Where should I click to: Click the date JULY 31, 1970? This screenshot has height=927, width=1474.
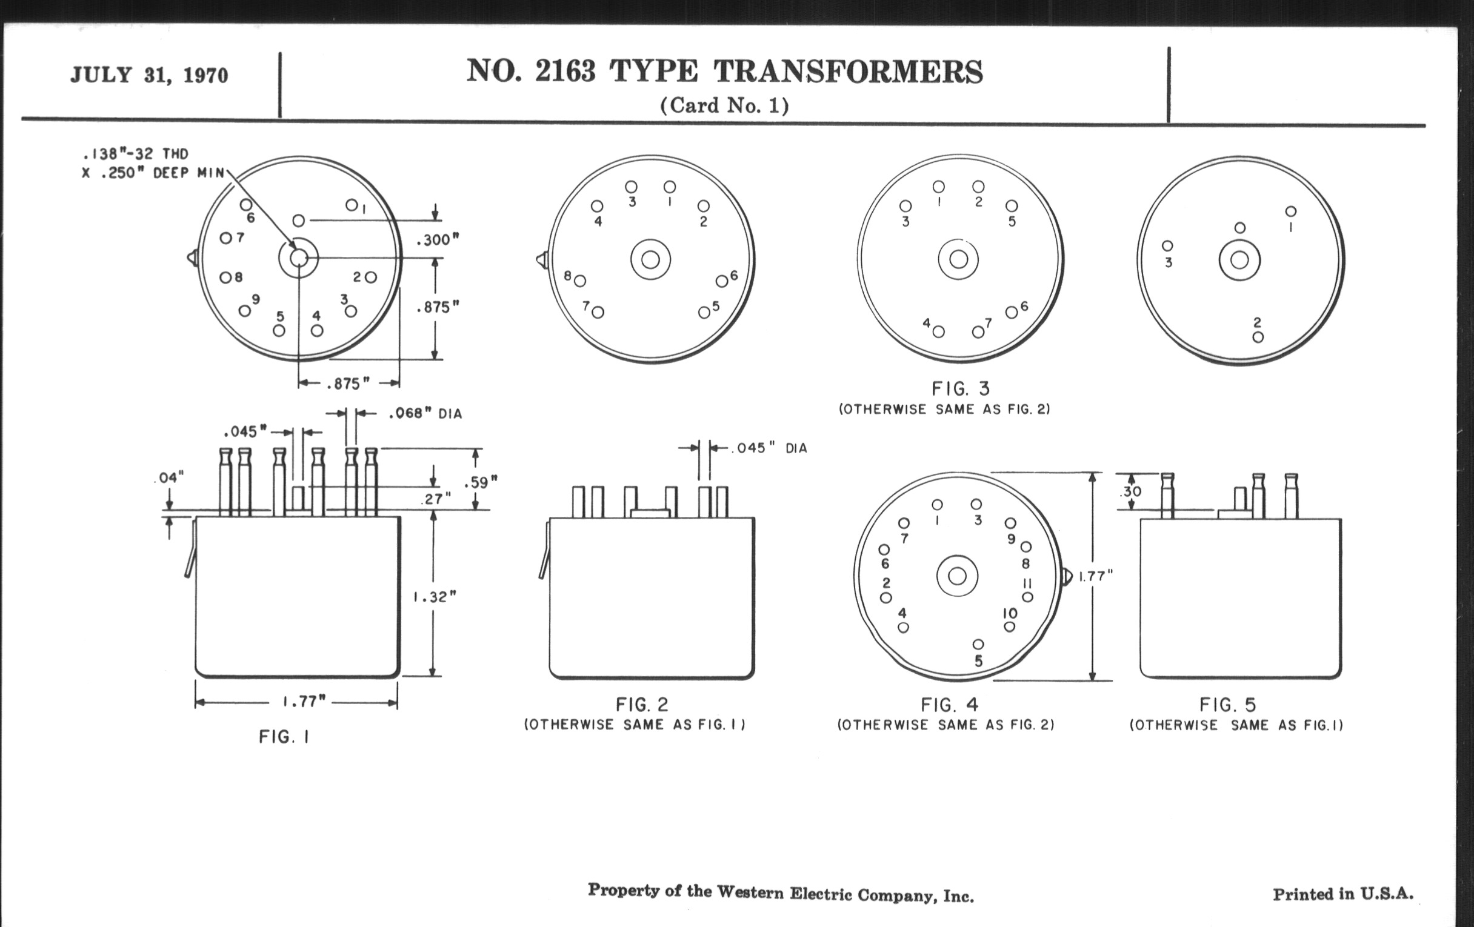pos(149,75)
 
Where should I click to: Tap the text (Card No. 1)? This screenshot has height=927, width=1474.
pos(724,106)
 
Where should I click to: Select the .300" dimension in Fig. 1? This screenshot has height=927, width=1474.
pos(437,240)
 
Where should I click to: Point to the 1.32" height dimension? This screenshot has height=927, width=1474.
pos(435,597)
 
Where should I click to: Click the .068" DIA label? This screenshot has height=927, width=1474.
pos(425,414)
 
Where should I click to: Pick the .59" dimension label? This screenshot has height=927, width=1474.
pos(481,482)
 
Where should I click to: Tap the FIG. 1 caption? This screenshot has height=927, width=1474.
pos(284,737)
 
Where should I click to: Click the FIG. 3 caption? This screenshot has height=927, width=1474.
pos(961,388)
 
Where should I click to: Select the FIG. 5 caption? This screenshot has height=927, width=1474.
pos(1227,705)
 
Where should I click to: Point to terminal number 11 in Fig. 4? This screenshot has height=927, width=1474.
pos(1028,583)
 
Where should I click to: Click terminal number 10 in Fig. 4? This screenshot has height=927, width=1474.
pos(1009,613)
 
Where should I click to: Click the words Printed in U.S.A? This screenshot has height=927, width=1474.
pos(1343,894)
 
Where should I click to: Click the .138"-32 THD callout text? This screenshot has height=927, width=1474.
pos(135,153)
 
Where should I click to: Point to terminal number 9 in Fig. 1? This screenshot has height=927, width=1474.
pos(256,299)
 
